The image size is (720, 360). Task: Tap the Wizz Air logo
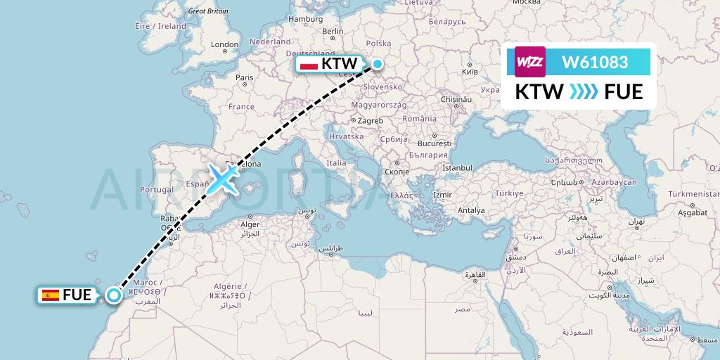530,63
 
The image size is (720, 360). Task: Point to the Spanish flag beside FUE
50,295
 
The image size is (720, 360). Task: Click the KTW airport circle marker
378,65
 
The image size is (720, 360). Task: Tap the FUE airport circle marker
113,295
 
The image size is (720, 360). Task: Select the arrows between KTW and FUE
584,92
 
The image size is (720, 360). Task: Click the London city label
225,44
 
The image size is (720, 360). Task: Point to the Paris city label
244,77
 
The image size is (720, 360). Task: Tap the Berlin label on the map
332,32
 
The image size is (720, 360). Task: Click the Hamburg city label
305,19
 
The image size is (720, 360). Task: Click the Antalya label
471,210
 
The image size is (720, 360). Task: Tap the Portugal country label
156,190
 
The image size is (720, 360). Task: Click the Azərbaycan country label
614,182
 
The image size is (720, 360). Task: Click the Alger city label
251,225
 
